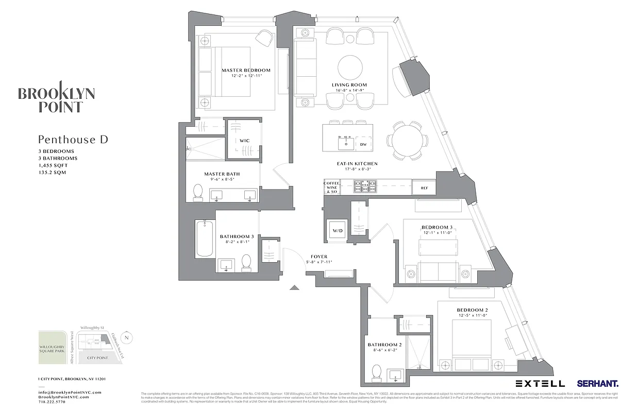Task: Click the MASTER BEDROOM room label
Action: click(246, 71)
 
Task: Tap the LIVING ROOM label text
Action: click(349, 85)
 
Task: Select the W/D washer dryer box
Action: click(338, 230)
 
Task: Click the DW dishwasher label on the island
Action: click(363, 144)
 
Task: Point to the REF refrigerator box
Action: click(424, 188)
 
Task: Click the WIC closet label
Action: click(244, 141)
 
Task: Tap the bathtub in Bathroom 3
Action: click(205, 238)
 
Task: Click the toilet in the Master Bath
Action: click(198, 192)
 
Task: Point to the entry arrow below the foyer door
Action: click(294, 287)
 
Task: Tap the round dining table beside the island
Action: click(408, 140)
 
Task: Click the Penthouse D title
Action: click(73, 140)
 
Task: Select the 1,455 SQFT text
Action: click(53, 165)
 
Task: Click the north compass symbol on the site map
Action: click(127, 337)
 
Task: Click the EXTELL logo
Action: click(540, 384)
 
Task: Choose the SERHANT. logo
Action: click(598, 384)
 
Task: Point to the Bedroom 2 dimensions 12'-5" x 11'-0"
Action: click(472, 316)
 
